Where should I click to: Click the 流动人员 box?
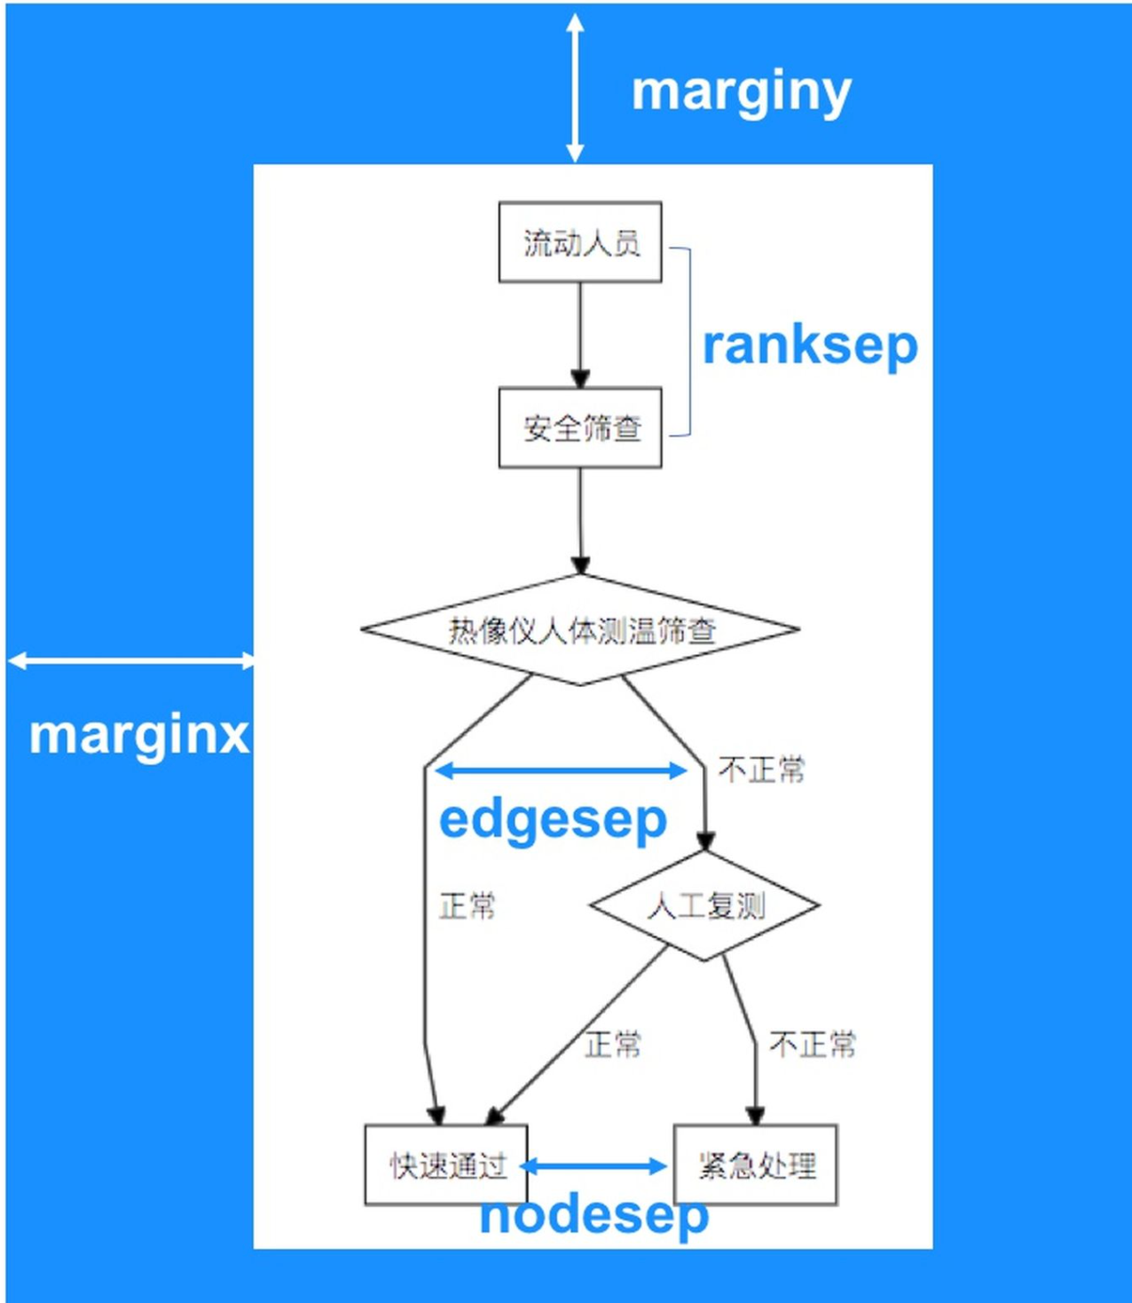(580, 242)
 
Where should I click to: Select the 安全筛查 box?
(580, 428)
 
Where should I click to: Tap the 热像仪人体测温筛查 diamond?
(580, 630)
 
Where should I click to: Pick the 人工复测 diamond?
(704, 906)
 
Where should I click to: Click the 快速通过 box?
(446, 1165)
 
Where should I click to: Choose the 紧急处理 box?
(756, 1165)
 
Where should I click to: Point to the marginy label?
(741, 92)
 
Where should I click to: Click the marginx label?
(139, 735)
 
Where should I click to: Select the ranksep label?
(809, 345)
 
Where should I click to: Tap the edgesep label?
(553, 819)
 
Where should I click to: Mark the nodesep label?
(594, 1216)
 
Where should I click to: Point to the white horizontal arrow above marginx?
(131, 660)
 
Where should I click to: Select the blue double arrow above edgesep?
(561, 770)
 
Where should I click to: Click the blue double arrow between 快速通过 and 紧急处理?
(594, 1165)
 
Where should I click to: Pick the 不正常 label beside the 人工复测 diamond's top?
(761, 770)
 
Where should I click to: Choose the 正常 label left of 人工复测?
(468, 906)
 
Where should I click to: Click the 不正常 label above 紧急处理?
(813, 1045)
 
